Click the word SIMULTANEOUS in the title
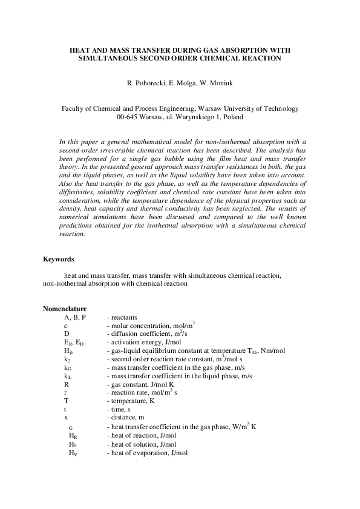[116, 59]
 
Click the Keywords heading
[58, 260]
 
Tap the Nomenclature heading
[64, 309]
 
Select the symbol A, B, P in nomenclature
[75, 317]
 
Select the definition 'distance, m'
[127, 418]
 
